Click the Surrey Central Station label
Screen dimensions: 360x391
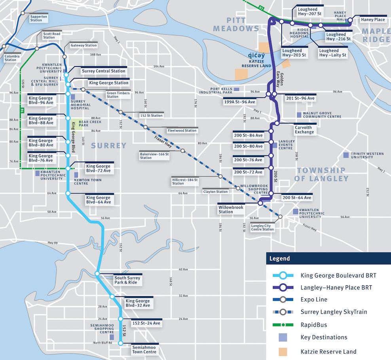pyautogui.click(x=103, y=71)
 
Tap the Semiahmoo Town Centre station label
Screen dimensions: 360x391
pyautogui.click(x=144, y=350)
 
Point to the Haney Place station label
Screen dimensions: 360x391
pyautogui.click(x=373, y=20)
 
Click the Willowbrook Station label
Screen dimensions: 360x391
pyautogui.click(x=231, y=210)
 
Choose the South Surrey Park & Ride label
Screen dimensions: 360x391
pyautogui.click(x=127, y=280)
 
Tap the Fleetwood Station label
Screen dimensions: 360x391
pyautogui.click(x=182, y=130)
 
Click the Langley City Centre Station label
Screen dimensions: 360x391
pyautogui.click(x=262, y=227)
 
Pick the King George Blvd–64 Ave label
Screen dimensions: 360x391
pyautogui.click(x=98, y=200)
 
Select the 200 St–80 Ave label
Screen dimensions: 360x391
pyautogui.click(x=248, y=146)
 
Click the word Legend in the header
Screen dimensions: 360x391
pyautogui.click(x=280, y=259)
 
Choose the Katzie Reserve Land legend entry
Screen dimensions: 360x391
pyautogui.click(x=328, y=351)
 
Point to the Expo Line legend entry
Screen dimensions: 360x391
pyautogui.click(x=314, y=300)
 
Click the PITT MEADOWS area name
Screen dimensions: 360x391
pyautogui.click(x=236, y=24)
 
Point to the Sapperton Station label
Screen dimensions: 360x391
pyautogui.click(x=38, y=18)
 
